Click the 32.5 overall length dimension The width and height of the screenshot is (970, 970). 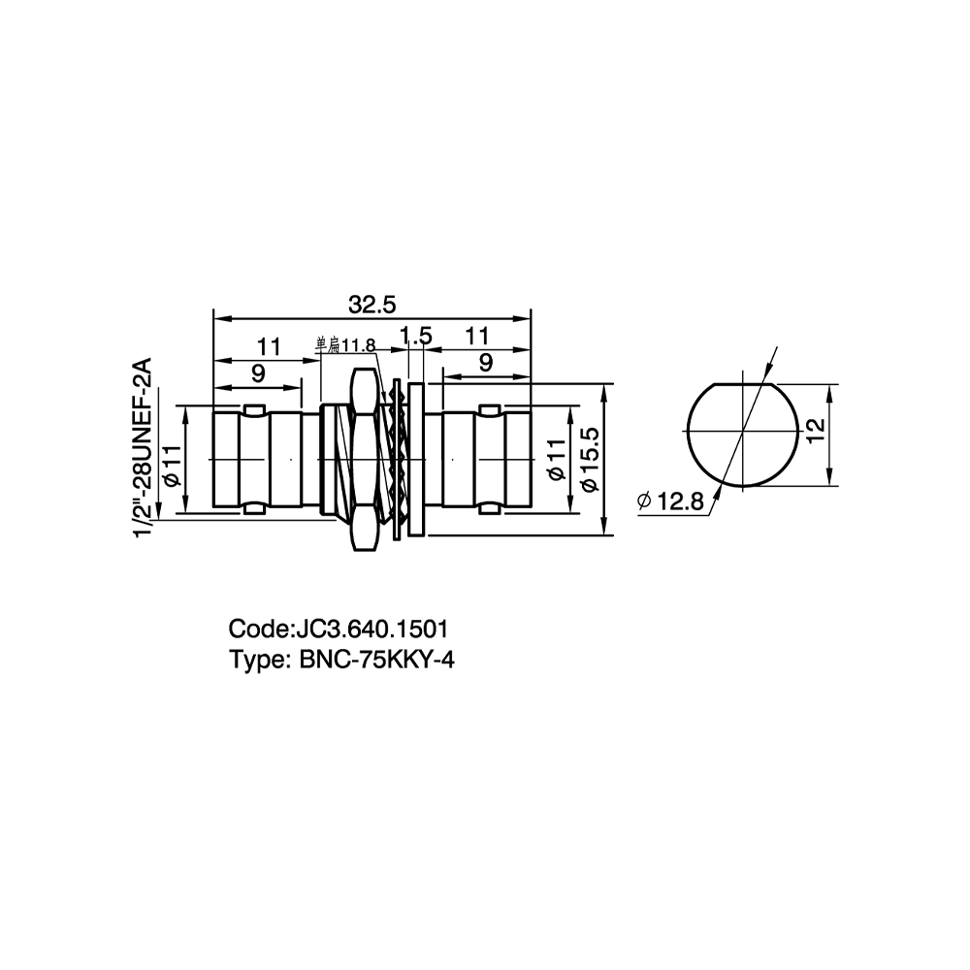pos(372,305)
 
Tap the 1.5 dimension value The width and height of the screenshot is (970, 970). pos(414,337)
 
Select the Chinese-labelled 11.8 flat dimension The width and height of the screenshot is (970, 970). pos(346,345)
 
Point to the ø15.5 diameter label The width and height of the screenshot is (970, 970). pos(590,460)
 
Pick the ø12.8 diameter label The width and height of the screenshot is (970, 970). pos(670,501)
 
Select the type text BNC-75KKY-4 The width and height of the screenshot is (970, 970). pos(376,660)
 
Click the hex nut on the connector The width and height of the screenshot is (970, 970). pos(364,459)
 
